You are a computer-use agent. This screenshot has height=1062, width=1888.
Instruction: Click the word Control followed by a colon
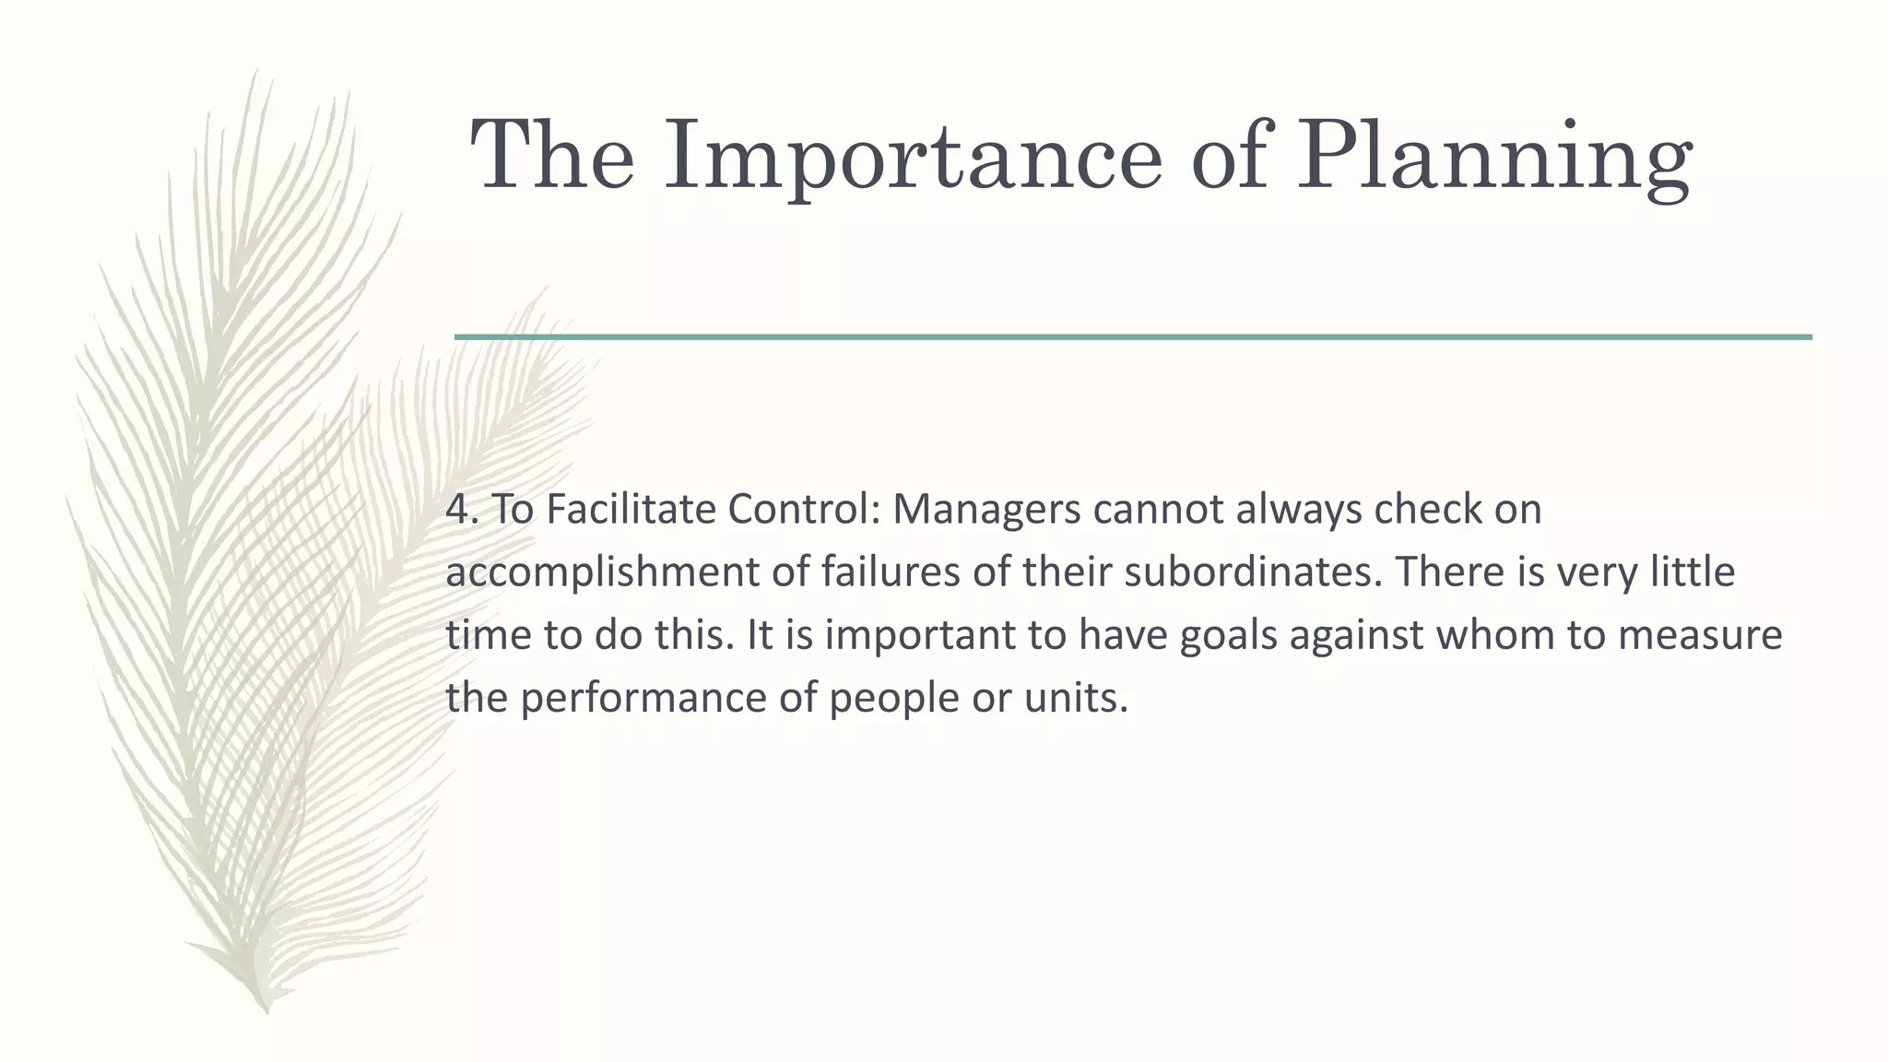(x=802, y=509)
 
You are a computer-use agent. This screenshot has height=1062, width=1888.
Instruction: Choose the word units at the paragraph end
(x=1075, y=698)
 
